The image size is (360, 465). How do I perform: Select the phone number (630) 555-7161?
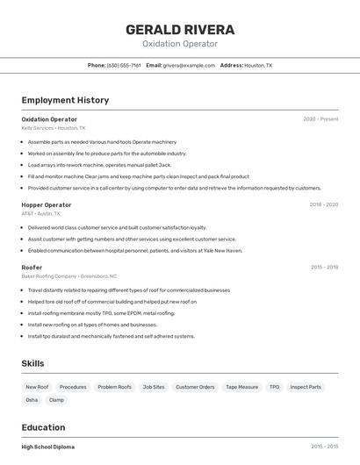point(124,65)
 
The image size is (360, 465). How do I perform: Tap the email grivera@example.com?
point(189,65)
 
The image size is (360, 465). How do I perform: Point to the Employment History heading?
point(65,100)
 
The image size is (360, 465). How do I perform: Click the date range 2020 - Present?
point(320,119)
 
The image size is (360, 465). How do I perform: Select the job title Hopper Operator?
point(47,204)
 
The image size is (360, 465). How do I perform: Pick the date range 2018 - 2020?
point(323,204)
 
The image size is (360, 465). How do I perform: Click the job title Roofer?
point(32,267)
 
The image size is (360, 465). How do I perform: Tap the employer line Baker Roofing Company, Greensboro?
point(68,275)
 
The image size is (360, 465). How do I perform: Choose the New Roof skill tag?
point(37,387)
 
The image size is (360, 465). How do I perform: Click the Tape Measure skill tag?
point(241,387)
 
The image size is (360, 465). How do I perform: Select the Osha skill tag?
point(32,400)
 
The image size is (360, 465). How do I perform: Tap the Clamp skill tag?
point(57,400)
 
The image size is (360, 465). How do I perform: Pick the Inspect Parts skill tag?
point(306,387)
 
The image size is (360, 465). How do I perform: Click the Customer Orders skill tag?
point(195,387)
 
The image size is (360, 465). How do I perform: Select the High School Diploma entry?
point(48,447)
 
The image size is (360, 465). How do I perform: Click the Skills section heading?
point(32,363)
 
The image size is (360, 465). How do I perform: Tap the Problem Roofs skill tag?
point(114,387)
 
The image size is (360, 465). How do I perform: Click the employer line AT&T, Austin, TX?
point(41,213)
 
